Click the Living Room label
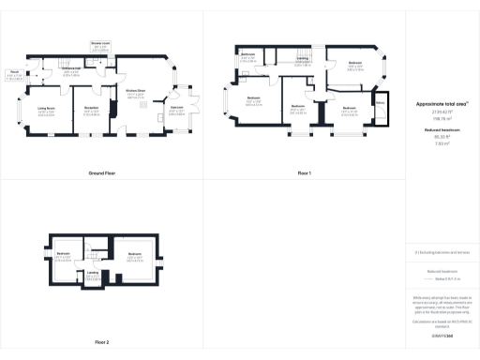(46, 111)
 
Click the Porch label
(15, 72)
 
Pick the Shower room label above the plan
(98, 45)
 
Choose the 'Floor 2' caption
(101, 342)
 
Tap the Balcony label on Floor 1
(381, 104)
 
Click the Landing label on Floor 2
(94, 274)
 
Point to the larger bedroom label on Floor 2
(134, 255)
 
